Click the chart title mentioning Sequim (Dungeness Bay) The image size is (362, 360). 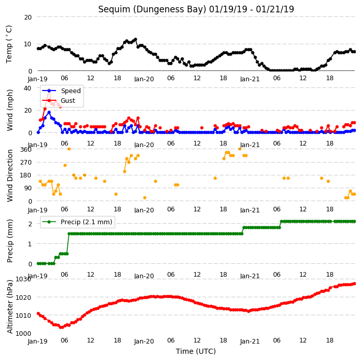(196, 9)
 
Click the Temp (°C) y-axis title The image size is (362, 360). (9, 44)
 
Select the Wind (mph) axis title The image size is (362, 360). (9, 111)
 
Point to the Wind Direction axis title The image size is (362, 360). (9, 175)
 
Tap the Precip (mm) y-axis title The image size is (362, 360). (9, 241)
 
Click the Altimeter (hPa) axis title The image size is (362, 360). (9, 307)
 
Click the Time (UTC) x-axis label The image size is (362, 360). (196, 351)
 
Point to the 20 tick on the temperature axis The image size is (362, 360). (28, 17)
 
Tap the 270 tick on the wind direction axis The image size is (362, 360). (26, 163)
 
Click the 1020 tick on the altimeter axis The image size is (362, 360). (23, 297)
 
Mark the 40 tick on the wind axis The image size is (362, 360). (27, 88)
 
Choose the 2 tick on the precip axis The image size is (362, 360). (30, 224)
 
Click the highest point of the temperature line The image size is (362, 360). (136, 40)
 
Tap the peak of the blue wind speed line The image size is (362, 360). (49, 113)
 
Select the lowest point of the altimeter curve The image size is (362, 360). (61, 327)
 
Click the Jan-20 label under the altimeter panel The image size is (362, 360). (144, 341)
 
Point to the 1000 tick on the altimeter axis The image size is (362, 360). (23, 333)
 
